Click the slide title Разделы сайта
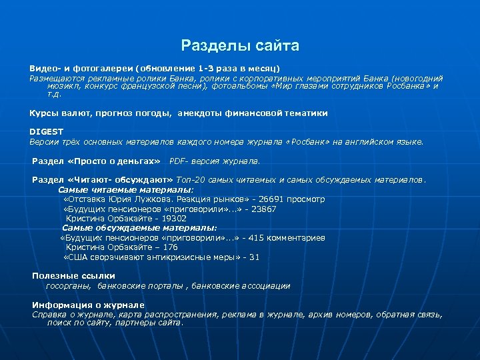(x=240, y=46)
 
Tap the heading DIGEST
(x=45, y=132)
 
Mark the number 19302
(x=173, y=218)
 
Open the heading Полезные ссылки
(x=73, y=276)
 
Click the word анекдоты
(x=199, y=113)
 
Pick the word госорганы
(x=69, y=285)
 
